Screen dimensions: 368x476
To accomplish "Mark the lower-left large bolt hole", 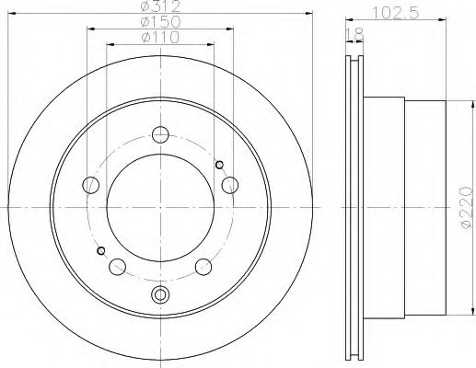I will [119, 267].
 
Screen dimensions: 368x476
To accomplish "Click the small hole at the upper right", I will [219, 165].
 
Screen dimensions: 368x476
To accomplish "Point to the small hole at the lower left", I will [100, 250].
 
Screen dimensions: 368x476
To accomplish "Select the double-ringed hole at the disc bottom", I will [162, 294].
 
